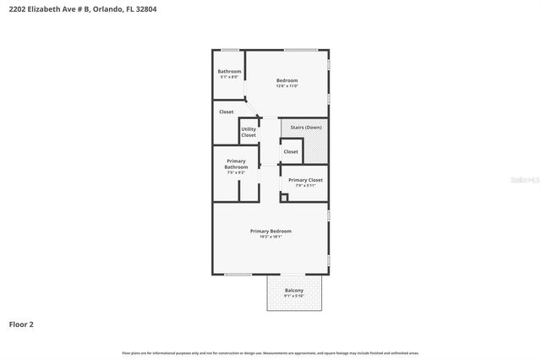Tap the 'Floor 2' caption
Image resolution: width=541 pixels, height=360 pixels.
click(x=21, y=324)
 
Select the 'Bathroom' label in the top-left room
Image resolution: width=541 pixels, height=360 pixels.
click(x=229, y=71)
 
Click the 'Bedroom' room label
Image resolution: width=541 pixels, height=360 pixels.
click(x=287, y=80)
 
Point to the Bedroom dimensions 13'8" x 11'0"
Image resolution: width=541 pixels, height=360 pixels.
click(x=287, y=85)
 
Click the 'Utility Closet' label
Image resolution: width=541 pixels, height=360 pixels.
click(x=249, y=132)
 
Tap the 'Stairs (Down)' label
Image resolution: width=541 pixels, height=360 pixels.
click(x=306, y=127)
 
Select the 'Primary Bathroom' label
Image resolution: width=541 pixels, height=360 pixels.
click(x=236, y=164)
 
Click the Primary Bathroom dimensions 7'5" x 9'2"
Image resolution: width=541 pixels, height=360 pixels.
click(x=236, y=172)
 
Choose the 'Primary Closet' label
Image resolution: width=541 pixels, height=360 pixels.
click(x=304, y=179)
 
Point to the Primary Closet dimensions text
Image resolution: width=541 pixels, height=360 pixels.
click(x=304, y=185)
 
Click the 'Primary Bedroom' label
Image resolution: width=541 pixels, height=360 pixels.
click(x=270, y=231)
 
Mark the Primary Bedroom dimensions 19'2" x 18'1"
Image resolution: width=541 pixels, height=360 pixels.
click(x=270, y=237)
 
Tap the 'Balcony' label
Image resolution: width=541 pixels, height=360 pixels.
click(x=293, y=290)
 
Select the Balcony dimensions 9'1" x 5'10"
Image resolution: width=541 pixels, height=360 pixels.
click(x=293, y=296)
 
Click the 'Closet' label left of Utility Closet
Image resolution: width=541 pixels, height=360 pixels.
click(x=227, y=112)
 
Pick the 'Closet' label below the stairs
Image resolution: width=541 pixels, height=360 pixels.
click(x=291, y=152)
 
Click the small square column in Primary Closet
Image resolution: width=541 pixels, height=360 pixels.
click(x=284, y=198)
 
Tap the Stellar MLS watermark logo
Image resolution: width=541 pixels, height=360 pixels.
click(x=527, y=180)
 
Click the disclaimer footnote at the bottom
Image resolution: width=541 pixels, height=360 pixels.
click(x=270, y=352)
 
